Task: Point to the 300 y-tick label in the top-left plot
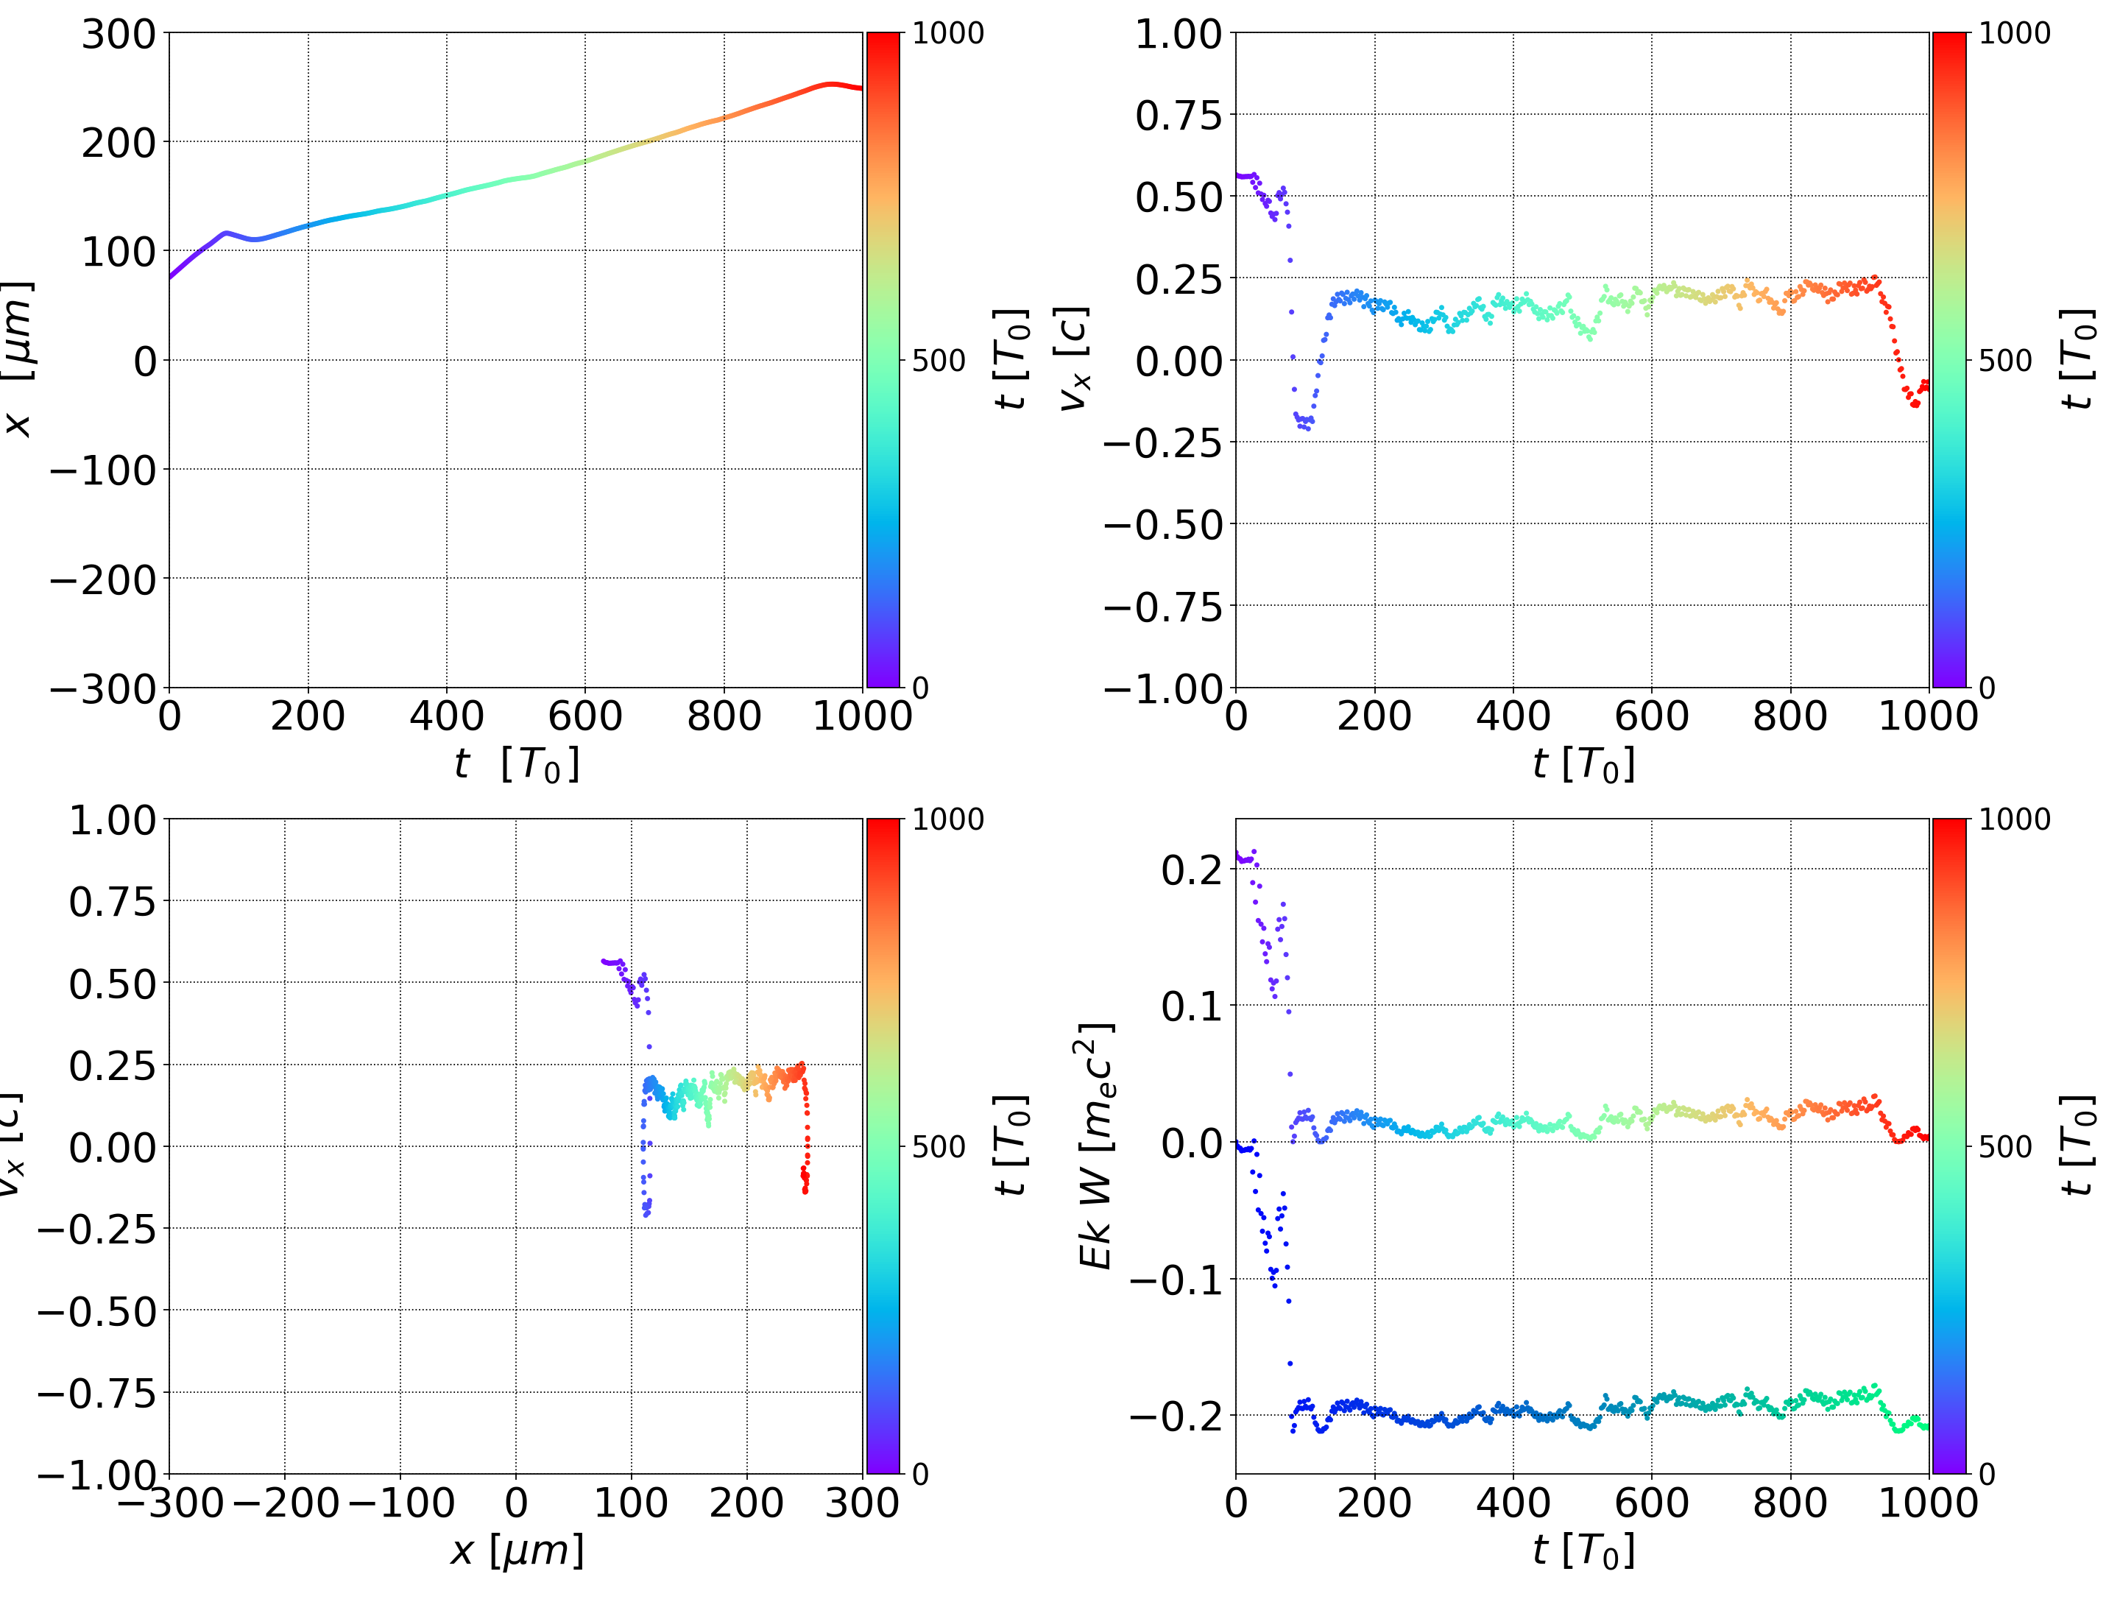tap(118, 35)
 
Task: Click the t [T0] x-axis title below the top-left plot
tap(517, 765)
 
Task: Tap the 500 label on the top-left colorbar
tap(939, 361)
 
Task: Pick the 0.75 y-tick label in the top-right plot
tap(1179, 116)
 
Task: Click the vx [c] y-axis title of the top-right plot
tap(1073, 359)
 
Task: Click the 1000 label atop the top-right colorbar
tap(2015, 35)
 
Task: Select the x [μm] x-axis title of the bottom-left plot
tap(517, 1551)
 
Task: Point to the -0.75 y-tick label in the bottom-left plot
tap(96, 1393)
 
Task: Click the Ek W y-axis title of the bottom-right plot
tap(1095, 1146)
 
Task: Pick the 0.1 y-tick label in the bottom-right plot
tap(1191, 1006)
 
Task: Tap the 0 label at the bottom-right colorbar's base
tap(1987, 1475)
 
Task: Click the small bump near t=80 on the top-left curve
tap(225, 233)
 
